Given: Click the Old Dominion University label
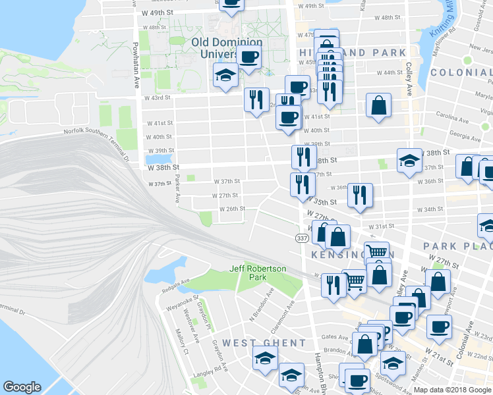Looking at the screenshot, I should (227, 47).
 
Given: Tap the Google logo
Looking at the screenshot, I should (22, 387).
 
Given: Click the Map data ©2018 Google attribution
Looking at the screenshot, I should (451, 390).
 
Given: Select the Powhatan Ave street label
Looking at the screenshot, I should (135, 59).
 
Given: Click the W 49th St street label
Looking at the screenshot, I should (158, 13).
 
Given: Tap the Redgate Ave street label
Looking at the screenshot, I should (175, 284).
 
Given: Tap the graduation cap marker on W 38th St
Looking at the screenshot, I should (409, 160).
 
